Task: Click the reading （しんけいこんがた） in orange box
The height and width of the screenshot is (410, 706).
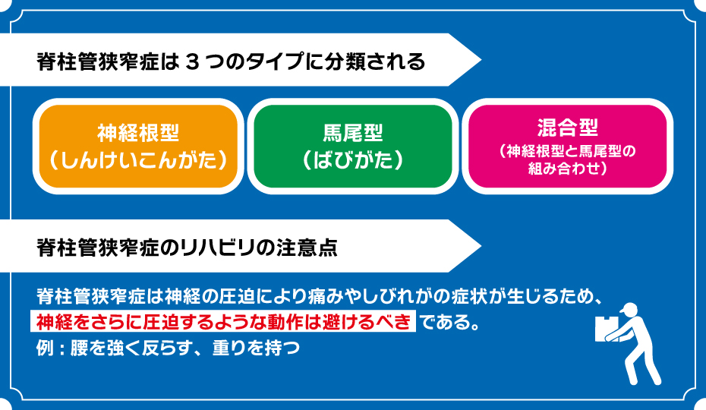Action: click(x=138, y=160)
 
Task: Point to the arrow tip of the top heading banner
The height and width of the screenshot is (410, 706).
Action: click(x=478, y=60)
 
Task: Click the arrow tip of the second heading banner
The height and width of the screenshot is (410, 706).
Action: click(x=478, y=246)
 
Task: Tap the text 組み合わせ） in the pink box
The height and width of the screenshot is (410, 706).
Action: click(x=567, y=170)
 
